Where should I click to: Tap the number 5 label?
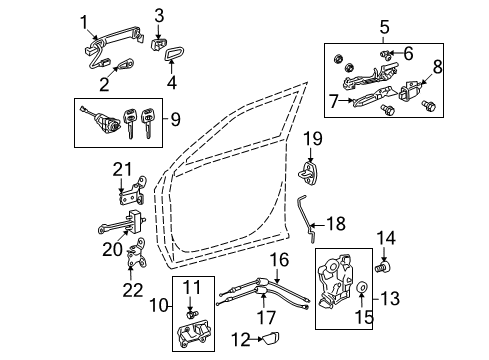(x=385, y=28)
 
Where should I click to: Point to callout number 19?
(x=311, y=137)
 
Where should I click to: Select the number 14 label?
(x=385, y=237)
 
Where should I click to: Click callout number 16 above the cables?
(x=282, y=259)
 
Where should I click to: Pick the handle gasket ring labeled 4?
(x=173, y=54)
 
